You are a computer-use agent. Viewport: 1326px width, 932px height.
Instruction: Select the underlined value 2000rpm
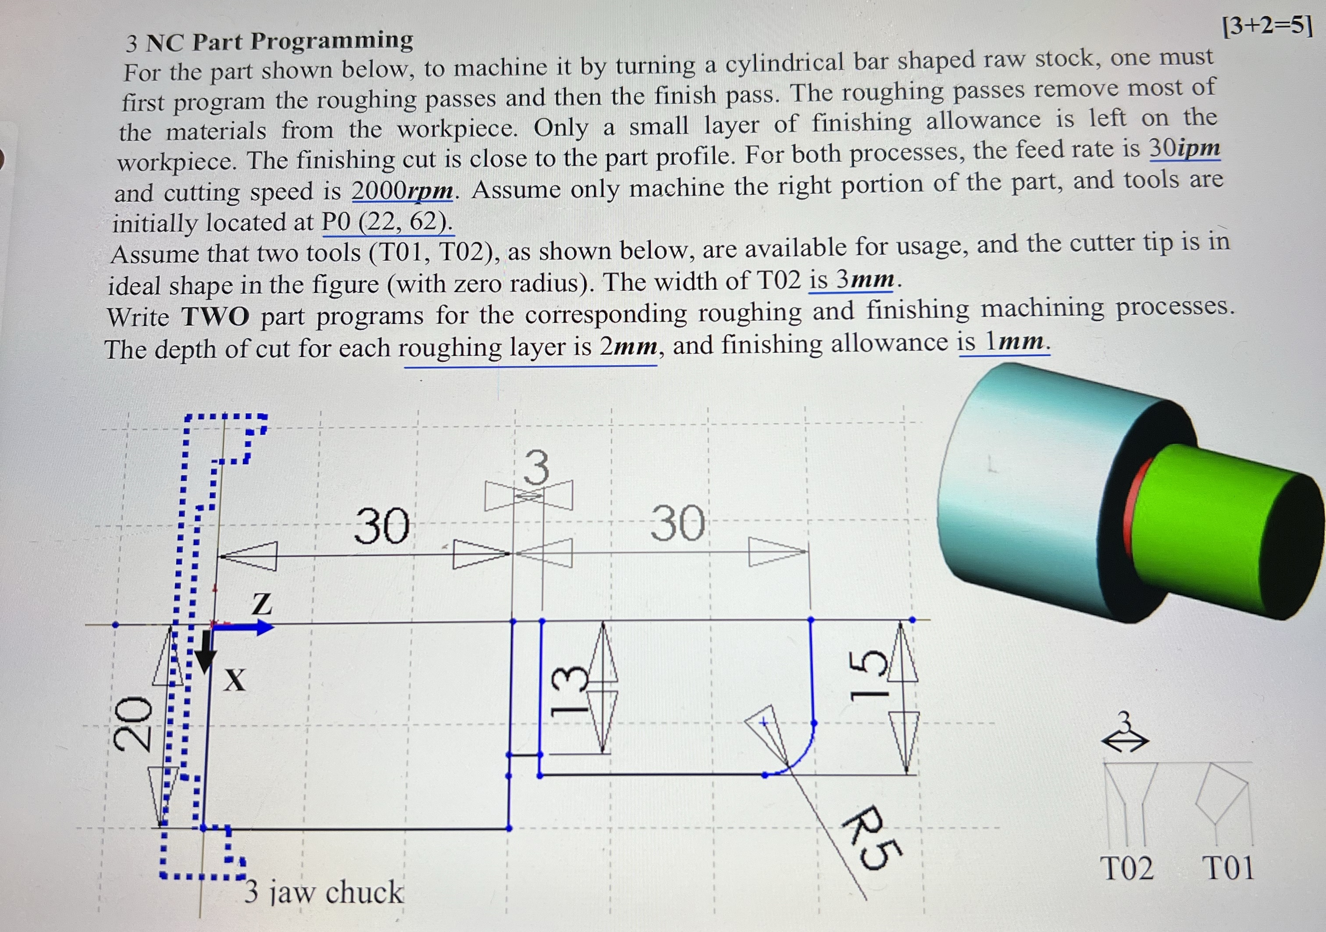403,190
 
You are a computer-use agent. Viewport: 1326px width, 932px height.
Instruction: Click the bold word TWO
215,317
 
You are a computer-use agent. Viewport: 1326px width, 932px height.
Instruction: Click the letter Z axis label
262,604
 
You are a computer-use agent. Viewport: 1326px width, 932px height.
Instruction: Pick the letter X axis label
235,680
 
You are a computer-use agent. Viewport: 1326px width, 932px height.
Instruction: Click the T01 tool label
1228,868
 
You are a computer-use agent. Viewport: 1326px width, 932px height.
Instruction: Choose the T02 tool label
1128,868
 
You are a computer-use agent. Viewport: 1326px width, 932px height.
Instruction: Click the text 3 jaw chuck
324,892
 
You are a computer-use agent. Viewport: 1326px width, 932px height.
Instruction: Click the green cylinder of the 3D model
1213,520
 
